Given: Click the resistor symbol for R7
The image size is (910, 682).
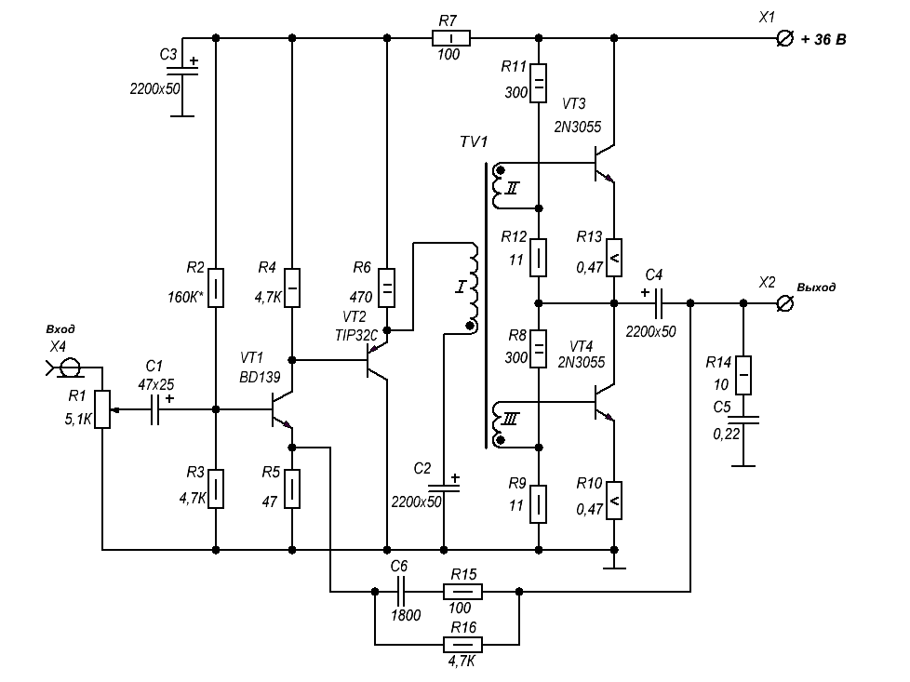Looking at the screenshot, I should [x=450, y=38].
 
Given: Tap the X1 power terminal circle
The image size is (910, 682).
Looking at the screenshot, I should [x=783, y=38].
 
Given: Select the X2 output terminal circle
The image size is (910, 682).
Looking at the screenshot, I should [x=784, y=303].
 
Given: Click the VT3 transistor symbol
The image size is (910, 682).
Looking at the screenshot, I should [x=604, y=164].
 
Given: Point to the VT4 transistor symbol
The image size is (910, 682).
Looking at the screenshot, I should [x=604, y=403].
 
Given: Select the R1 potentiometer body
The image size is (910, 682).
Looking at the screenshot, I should [x=101, y=409].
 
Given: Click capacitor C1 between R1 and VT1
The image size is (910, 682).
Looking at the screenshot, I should [x=156, y=409].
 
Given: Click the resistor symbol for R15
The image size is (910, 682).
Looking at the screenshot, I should [x=462, y=591].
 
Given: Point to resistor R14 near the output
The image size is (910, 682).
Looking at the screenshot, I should [x=743, y=374].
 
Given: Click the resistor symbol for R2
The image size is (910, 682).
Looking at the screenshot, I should [x=215, y=288].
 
